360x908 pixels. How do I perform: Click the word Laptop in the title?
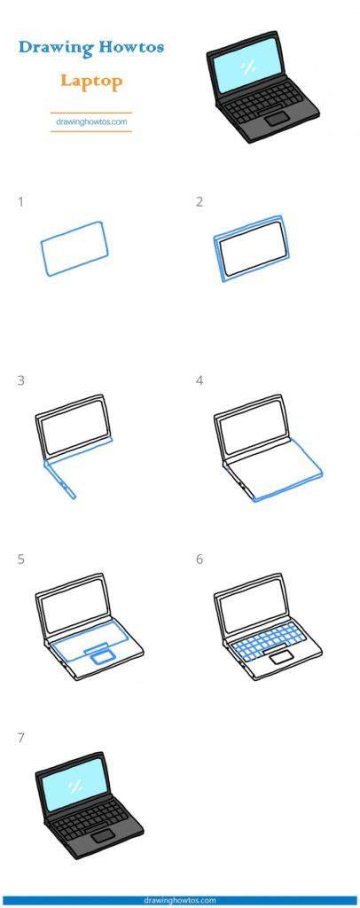[x=91, y=81]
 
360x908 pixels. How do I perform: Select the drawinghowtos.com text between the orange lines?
[x=91, y=122]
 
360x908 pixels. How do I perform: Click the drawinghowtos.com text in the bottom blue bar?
[x=179, y=901]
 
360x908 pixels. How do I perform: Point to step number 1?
[x=20, y=202]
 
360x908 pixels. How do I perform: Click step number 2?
[x=200, y=202]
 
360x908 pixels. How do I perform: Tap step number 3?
[x=20, y=381]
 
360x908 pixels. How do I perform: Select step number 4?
[x=200, y=381]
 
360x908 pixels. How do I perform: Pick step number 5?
[x=20, y=560]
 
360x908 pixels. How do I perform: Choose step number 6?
[x=200, y=560]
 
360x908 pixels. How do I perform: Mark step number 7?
[x=20, y=739]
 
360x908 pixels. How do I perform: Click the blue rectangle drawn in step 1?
[x=74, y=249]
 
